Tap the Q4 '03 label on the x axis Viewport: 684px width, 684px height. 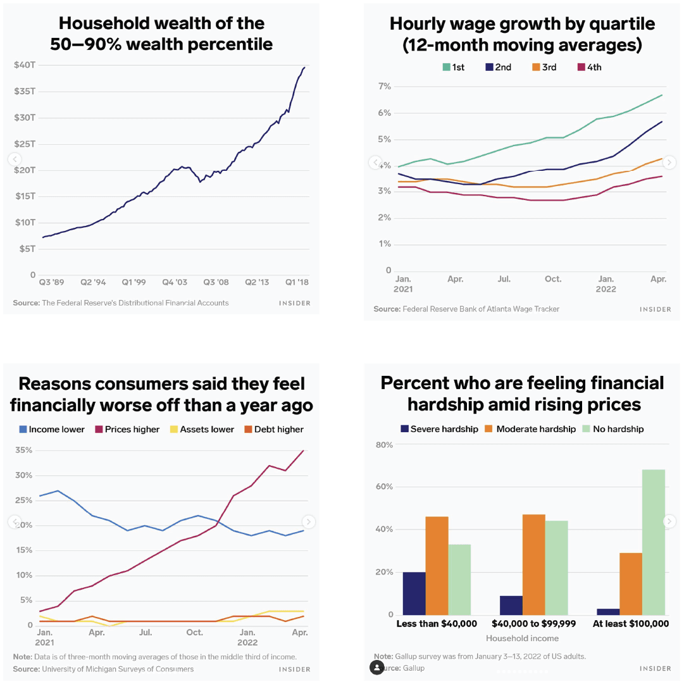[x=175, y=282]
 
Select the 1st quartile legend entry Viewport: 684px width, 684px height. [x=453, y=67]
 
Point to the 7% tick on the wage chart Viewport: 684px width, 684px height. [x=384, y=86]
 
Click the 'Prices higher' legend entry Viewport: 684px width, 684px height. [x=127, y=429]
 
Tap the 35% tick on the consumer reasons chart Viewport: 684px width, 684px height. [x=23, y=451]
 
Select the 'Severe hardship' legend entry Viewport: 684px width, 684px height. [x=439, y=429]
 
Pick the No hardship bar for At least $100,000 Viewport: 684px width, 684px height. [x=654, y=542]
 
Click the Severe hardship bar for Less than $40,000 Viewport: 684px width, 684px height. [x=414, y=593]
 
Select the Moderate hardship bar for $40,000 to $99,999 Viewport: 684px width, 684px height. [x=533, y=564]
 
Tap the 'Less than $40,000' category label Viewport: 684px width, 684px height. [x=437, y=624]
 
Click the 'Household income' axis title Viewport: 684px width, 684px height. [x=522, y=638]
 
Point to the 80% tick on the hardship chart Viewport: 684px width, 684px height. [x=384, y=445]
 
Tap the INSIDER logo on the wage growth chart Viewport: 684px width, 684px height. [x=655, y=309]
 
